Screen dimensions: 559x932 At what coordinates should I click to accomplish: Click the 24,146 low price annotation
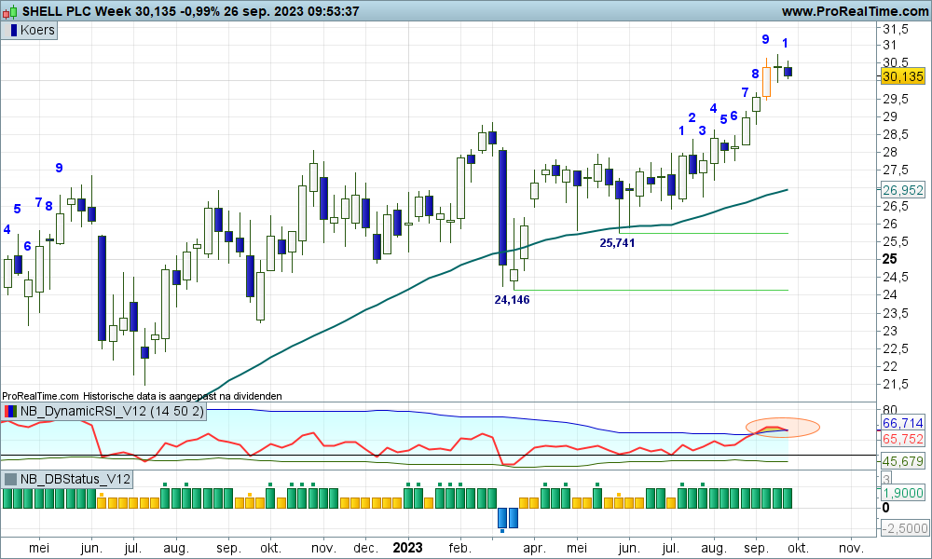click(512, 299)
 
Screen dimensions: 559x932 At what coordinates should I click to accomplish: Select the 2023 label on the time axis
click(408, 548)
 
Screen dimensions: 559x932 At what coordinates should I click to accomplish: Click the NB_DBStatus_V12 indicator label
click(74, 480)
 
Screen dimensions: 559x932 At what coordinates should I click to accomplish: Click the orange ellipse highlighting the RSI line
click(783, 428)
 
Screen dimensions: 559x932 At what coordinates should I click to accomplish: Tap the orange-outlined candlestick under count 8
click(766, 80)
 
